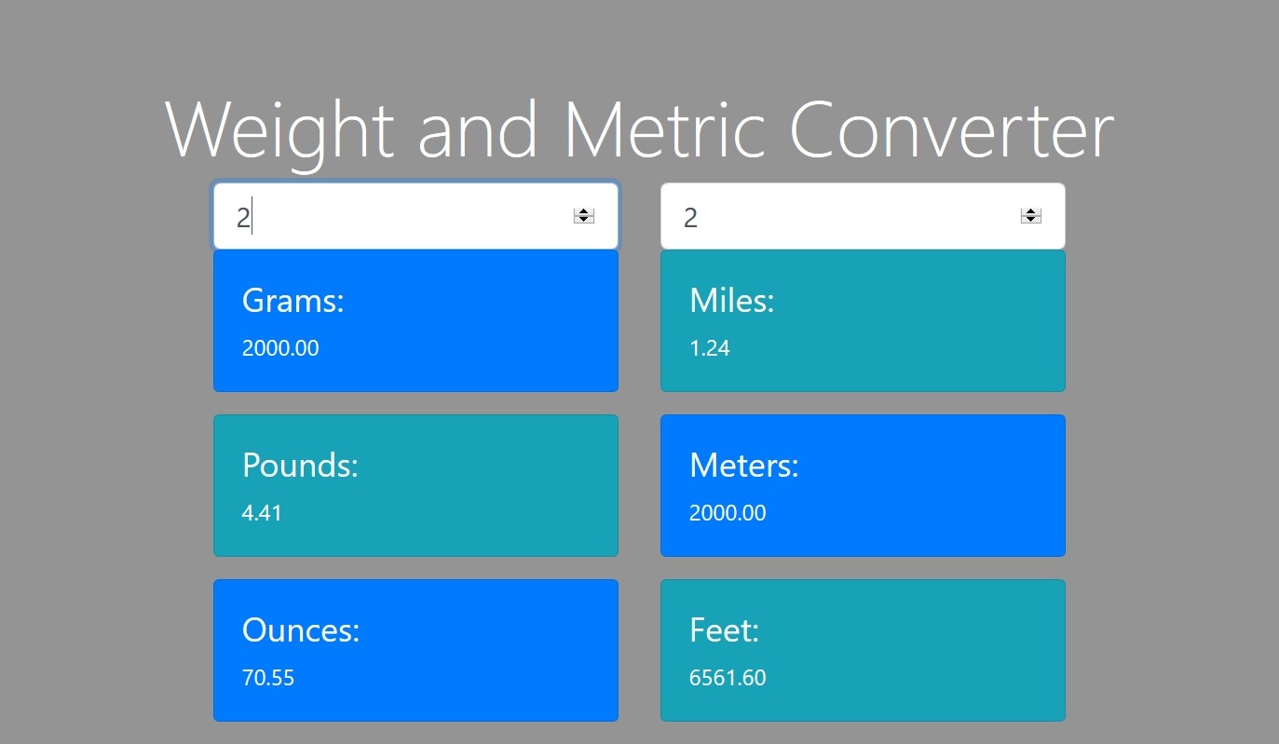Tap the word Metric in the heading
pyautogui.click(x=664, y=129)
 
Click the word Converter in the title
pyautogui.click(x=952, y=129)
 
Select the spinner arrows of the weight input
pyautogui.click(x=583, y=216)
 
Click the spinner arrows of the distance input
pyautogui.click(x=1030, y=216)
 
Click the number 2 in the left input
pyautogui.click(x=243, y=217)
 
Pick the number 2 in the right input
pyautogui.click(x=690, y=217)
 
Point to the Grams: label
pyautogui.click(x=293, y=300)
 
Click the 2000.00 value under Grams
pyautogui.click(x=280, y=348)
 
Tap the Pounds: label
pyautogui.click(x=300, y=465)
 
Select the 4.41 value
pyautogui.click(x=262, y=513)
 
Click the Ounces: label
pyautogui.click(x=301, y=629)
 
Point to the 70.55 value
pyautogui.click(x=267, y=678)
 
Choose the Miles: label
pyautogui.click(x=732, y=300)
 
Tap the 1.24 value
pyautogui.click(x=710, y=348)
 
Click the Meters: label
pyautogui.click(x=744, y=465)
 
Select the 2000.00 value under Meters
pyautogui.click(x=728, y=513)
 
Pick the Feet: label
pyautogui.click(x=724, y=629)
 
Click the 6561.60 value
pyautogui.click(x=728, y=678)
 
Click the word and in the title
pyautogui.click(x=478, y=129)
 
